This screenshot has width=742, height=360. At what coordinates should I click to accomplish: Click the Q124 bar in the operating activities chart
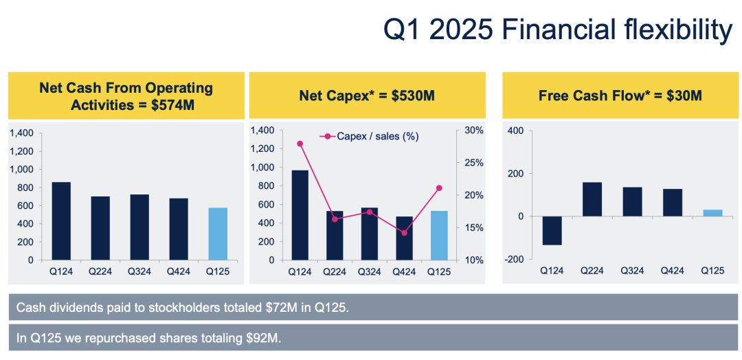click(x=61, y=221)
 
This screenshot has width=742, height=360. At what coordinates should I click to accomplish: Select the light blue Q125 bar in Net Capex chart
click(x=439, y=235)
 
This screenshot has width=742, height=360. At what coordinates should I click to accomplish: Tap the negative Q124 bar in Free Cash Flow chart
click(x=552, y=230)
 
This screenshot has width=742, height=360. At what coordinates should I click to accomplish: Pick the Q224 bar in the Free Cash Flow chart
click(x=592, y=199)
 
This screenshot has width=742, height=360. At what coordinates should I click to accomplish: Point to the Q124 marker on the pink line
click(x=300, y=144)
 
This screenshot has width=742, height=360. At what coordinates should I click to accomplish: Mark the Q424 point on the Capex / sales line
click(x=404, y=233)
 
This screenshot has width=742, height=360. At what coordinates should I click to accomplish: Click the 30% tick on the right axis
click(x=475, y=130)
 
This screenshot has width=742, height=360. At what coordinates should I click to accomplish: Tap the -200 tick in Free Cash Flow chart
click(x=515, y=259)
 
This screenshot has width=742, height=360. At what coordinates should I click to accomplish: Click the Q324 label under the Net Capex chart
click(x=369, y=271)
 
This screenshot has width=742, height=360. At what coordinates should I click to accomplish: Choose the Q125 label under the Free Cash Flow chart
click(x=712, y=270)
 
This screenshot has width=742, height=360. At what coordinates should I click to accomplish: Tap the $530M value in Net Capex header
click(x=413, y=95)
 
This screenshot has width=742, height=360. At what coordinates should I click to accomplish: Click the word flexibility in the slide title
click(x=673, y=30)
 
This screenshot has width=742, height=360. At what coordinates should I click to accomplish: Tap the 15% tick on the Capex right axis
click(x=475, y=227)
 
